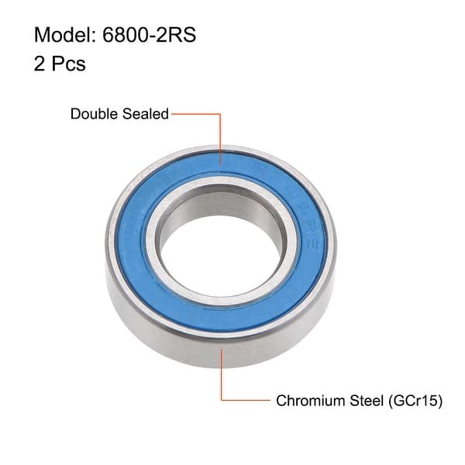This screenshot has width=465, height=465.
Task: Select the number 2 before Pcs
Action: [40, 64]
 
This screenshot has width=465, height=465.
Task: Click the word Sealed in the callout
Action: [145, 114]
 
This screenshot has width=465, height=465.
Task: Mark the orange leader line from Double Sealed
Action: [222, 136]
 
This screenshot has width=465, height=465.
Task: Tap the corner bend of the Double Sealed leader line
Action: [222, 114]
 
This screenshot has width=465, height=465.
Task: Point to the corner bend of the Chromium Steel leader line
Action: [222, 401]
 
